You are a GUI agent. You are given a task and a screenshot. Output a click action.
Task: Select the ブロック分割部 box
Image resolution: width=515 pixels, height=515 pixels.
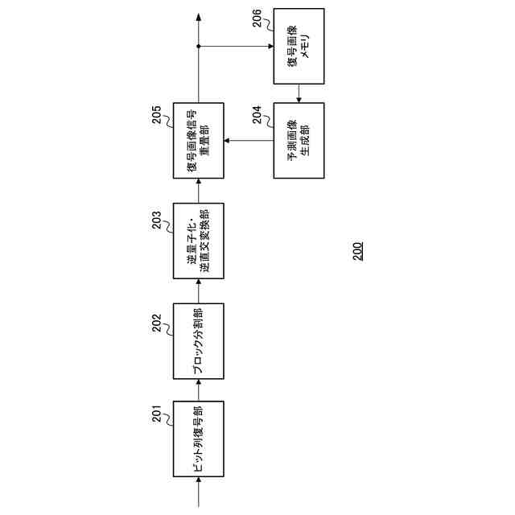(x=199, y=341)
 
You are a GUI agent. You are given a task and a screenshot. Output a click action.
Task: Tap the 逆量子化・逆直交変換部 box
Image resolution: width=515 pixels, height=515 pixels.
(x=199, y=241)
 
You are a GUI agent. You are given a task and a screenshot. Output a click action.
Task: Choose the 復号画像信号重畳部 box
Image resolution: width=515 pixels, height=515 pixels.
(x=199, y=142)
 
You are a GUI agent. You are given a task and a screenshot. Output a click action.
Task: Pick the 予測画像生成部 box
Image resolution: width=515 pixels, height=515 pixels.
(x=299, y=142)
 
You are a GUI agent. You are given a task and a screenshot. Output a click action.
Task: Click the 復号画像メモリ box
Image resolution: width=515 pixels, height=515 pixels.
(x=299, y=47)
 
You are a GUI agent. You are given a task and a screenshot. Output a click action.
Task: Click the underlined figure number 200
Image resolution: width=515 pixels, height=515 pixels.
(x=356, y=252)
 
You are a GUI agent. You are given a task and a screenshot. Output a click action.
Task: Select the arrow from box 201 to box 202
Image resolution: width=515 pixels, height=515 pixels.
(x=199, y=391)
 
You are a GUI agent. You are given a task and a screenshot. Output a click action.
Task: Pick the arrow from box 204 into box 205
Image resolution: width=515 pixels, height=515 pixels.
(x=248, y=142)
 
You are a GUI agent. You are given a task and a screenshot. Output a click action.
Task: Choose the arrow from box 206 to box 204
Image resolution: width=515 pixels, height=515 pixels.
(x=299, y=94)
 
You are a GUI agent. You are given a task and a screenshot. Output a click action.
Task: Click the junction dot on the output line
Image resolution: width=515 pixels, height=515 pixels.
(x=199, y=47)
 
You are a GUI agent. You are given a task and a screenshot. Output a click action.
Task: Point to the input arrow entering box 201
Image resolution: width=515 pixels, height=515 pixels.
(x=199, y=492)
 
